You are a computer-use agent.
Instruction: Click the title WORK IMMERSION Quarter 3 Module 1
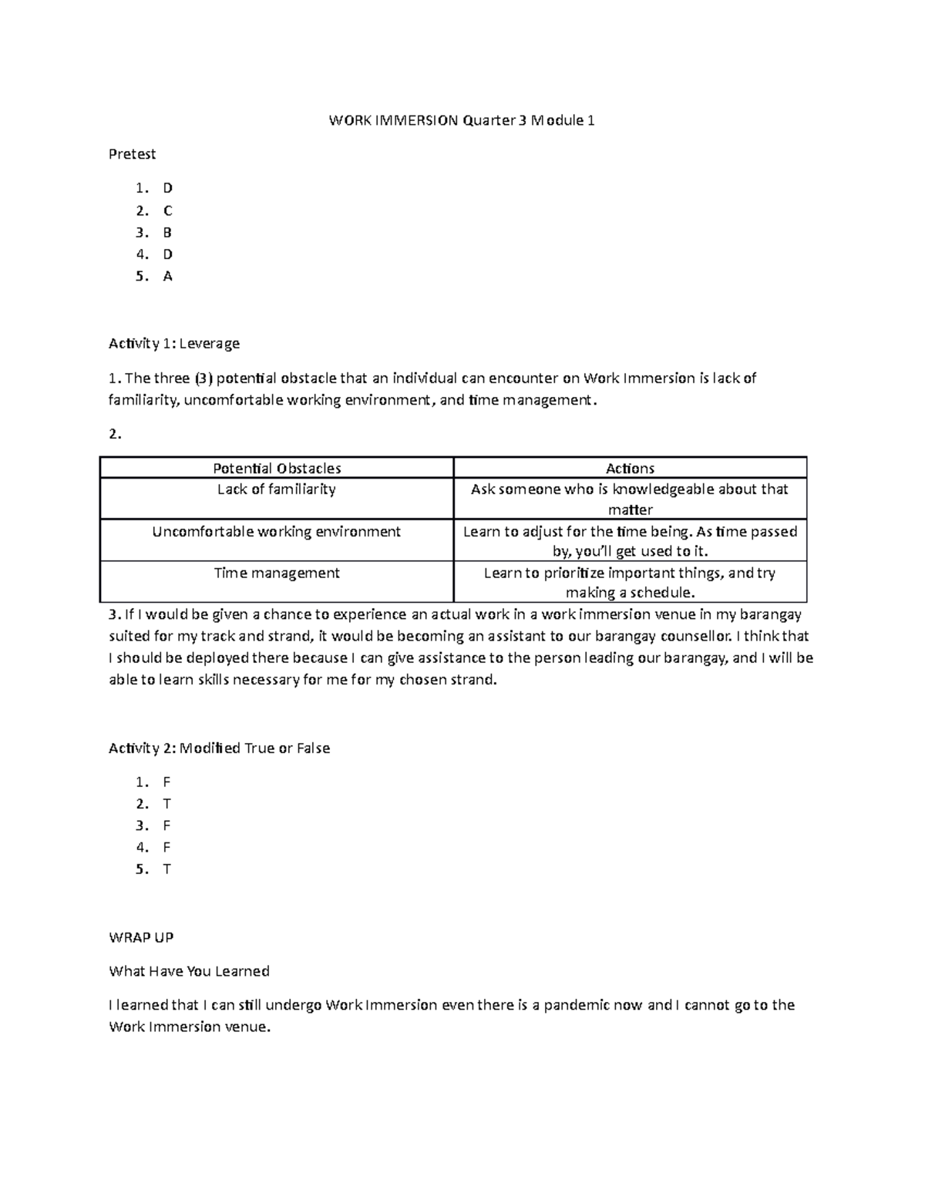(x=462, y=120)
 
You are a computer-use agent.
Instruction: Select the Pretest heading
(x=132, y=154)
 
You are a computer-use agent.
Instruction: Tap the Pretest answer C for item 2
(x=167, y=210)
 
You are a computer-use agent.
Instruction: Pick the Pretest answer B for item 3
(x=167, y=232)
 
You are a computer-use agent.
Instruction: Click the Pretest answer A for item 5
(x=167, y=276)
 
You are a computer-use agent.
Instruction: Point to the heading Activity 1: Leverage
(x=174, y=343)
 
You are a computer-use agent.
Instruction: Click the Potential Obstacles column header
(x=277, y=468)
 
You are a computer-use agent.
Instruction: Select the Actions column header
(x=630, y=468)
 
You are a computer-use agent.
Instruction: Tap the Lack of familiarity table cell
(x=277, y=489)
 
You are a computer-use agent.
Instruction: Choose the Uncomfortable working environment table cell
(x=277, y=532)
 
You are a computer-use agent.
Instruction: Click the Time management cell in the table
(x=277, y=573)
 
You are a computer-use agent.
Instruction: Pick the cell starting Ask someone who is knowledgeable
(x=630, y=499)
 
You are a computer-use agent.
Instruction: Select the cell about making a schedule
(x=630, y=583)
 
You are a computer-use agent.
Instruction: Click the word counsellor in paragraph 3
(x=700, y=636)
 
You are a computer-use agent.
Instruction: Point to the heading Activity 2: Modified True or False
(x=219, y=748)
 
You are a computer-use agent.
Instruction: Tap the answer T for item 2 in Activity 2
(x=167, y=804)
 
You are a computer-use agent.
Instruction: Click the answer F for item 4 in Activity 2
(x=167, y=847)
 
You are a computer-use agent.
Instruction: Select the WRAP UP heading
(x=141, y=937)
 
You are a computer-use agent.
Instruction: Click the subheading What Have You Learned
(x=189, y=971)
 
